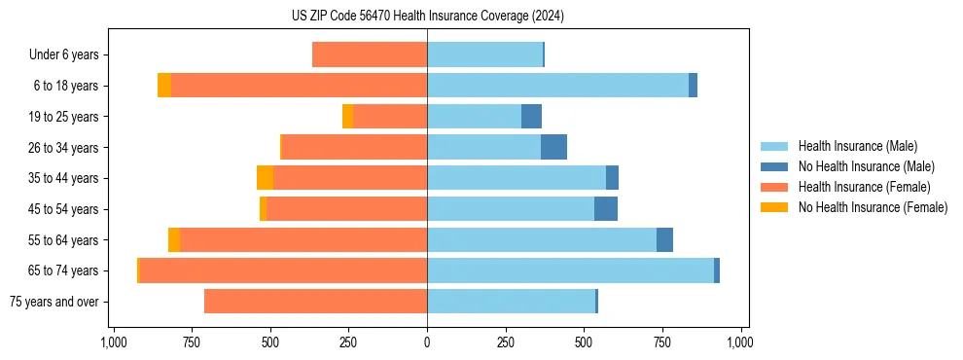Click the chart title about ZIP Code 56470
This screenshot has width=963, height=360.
pos(427,17)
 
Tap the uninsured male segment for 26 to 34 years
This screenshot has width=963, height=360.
pos(553,147)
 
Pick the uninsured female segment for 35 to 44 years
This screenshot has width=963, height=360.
pos(265,178)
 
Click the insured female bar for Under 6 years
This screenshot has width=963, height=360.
pos(370,54)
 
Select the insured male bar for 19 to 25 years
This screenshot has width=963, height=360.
pos(474,117)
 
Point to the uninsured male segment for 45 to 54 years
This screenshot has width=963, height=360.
pos(605,209)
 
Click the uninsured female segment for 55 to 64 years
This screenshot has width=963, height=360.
pos(174,240)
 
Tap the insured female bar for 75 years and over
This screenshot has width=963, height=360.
pos(315,302)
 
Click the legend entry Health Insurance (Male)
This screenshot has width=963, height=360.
pos(857,146)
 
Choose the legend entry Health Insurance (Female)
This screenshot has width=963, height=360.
pos(864,187)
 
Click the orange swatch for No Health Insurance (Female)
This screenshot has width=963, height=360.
pos(774,207)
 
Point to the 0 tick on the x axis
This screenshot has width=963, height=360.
pos(427,342)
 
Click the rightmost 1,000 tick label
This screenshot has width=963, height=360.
pos(740,342)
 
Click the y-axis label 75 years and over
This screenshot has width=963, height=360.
pos(53,302)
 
